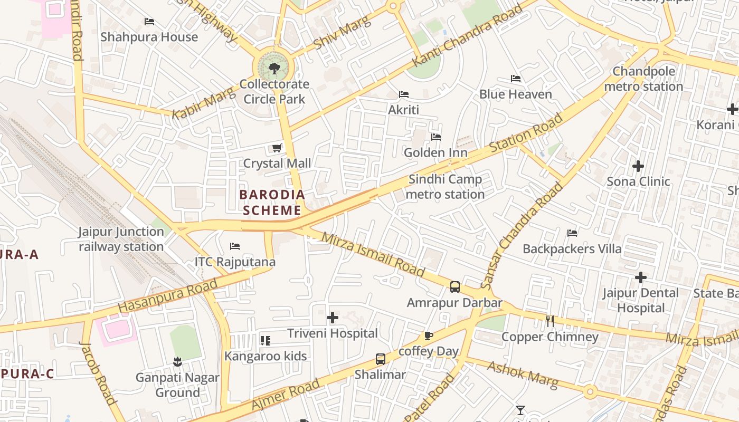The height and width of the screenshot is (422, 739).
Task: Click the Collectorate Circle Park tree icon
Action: pos(273,68)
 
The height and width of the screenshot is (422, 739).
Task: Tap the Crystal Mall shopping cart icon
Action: pos(277,148)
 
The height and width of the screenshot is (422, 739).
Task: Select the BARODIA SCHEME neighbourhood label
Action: pos(272,203)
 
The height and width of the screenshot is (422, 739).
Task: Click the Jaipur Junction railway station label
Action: pos(121,239)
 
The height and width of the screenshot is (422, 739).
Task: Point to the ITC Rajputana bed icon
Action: pos(235,246)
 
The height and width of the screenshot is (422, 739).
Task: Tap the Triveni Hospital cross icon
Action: pos(333,318)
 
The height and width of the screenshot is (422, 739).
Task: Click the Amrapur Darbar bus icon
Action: pos(455,287)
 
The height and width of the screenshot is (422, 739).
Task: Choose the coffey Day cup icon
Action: pos(428,335)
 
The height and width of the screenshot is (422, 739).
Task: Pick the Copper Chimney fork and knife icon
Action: pos(550,321)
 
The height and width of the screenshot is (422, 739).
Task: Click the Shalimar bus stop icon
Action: pos(380,359)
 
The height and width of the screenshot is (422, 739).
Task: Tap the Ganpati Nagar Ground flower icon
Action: pos(177,362)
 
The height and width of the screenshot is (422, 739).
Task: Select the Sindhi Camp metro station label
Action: pos(445,187)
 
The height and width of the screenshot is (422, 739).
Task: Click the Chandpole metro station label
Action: pos(643,79)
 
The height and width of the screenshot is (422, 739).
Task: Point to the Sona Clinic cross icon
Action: pos(638,166)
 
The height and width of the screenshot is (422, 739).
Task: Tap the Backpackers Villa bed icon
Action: pos(572,233)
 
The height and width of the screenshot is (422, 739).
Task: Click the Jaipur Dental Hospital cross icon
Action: pos(641,277)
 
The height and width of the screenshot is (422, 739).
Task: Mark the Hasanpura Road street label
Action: pos(167,295)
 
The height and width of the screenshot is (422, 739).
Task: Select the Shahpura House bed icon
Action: pos(149,22)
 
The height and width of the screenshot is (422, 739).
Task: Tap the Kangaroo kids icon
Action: pos(265,341)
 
